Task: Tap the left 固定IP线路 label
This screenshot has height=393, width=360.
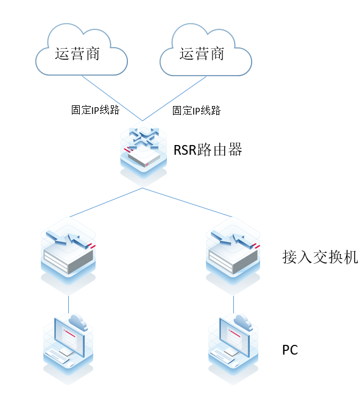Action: click(95, 110)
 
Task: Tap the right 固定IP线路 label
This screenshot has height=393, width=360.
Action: click(196, 110)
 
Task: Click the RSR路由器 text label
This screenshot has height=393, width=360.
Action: click(208, 150)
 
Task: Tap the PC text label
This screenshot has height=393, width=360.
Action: click(290, 350)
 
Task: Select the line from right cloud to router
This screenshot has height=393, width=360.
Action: click(174, 97)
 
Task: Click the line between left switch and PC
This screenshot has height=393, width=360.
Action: click(68, 303)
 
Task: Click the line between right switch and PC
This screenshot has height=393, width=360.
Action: click(233, 303)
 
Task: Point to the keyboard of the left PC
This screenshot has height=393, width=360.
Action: click(61, 356)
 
